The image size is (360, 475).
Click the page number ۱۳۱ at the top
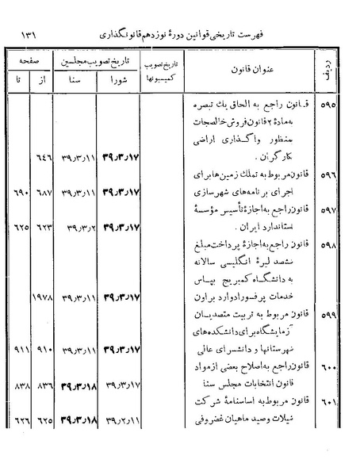click(32, 36)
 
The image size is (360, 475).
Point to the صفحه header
click(30, 59)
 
